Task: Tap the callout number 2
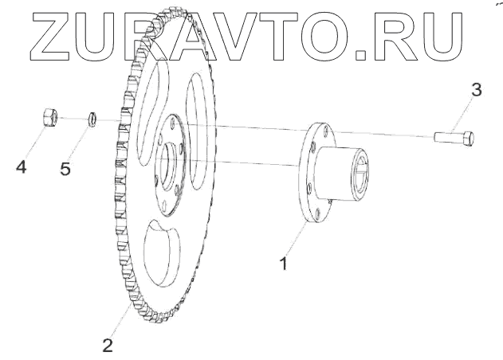108,345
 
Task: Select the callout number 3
476,89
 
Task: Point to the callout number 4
22,167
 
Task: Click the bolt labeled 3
454,137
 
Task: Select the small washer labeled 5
92,120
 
